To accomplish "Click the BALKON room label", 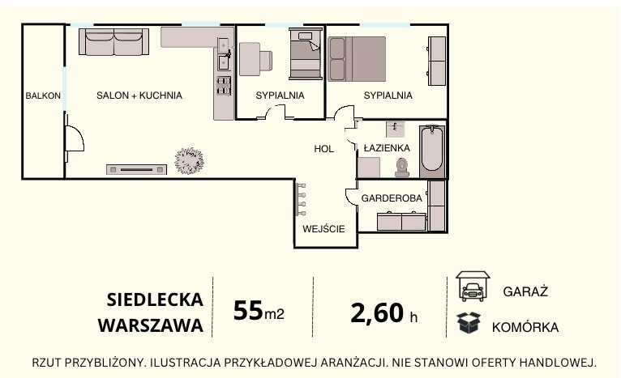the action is point(43,96).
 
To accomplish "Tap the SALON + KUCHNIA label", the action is point(139,96).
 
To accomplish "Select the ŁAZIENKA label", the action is point(387,148).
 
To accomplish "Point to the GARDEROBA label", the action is point(392,198).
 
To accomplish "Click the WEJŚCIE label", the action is point(323,228).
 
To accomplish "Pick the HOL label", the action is point(323,149).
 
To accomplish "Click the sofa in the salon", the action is point(113,41).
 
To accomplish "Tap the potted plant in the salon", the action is point(190,161).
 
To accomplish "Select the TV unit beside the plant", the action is point(136,170).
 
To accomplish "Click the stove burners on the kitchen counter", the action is point(224,86).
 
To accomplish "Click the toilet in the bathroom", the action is point(402,168).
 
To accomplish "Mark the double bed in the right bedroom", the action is point(357,59).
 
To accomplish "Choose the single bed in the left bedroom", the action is point(306,53).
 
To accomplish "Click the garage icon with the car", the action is point(473,287).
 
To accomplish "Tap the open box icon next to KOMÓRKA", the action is point(469,322).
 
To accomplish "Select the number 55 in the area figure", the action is point(248,310).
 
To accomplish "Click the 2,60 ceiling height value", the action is point(377,313).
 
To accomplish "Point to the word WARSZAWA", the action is point(151,325).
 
